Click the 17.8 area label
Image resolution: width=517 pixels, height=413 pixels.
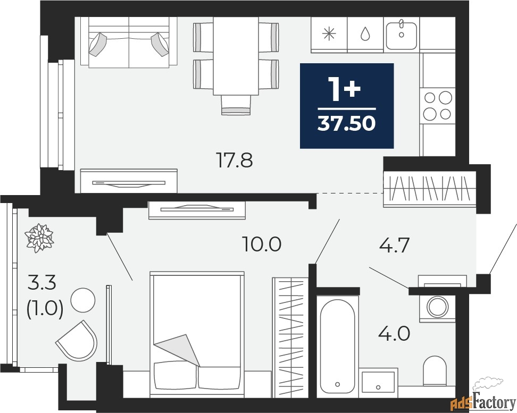(x=234, y=161)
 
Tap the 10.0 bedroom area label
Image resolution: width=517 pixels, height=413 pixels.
(x=262, y=245)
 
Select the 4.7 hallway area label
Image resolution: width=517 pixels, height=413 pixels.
(x=394, y=245)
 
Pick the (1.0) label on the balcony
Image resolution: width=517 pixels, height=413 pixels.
(x=45, y=310)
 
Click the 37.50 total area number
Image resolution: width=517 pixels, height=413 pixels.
(x=347, y=124)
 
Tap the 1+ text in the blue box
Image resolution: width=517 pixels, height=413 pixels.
(x=346, y=89)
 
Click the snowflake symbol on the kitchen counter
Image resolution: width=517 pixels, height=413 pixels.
(x=329, y=34)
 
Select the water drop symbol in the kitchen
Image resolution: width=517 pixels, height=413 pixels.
(x=365, y=34)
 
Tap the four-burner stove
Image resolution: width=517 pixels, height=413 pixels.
(x=438, y=105)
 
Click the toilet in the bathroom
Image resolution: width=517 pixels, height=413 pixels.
(x=435, y=370)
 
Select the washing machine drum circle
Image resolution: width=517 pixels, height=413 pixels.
(x=438, y=307)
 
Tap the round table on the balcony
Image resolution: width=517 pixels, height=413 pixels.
(x=83, y=300)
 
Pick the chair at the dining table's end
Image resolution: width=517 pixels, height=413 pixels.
(x=236, y=105)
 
